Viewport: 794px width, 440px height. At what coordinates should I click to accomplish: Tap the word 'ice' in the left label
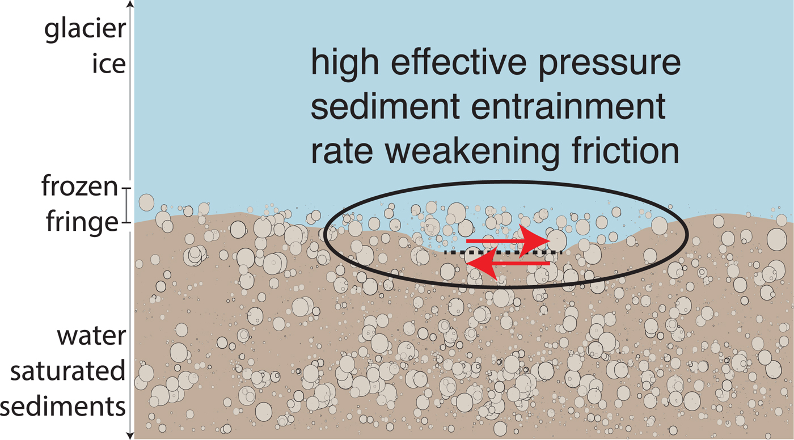pyautogui.click(x=108, y=64)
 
